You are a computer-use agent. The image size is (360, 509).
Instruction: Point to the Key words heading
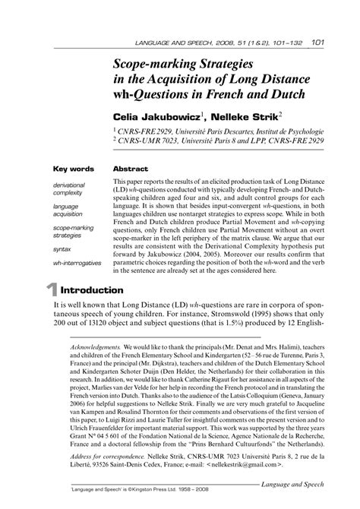[x=73, y=169]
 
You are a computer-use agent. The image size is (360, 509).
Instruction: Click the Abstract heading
[x=130, y=169]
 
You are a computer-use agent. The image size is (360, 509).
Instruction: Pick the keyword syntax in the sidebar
[x=63, y=248]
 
